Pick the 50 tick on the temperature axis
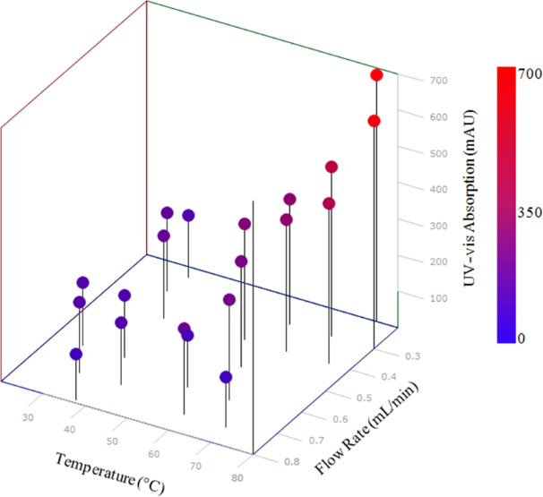(111, 441)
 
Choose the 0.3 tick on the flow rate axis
(413, 356)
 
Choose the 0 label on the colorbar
(523, 338)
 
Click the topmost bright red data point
(377, 75)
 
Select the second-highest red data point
(375, 121)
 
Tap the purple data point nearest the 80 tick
(226, 377)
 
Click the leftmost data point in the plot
(76, 354)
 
